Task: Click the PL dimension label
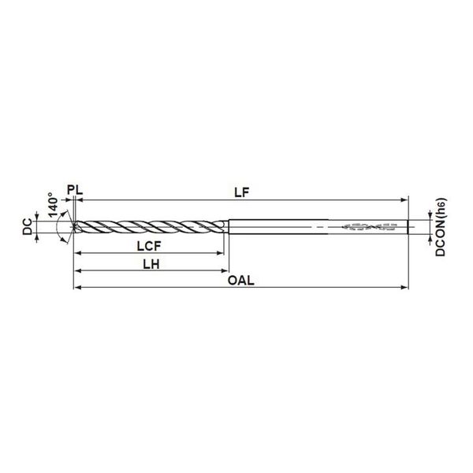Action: pyautogui.click(x=75, y=190)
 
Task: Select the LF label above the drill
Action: pyautogui.click(x=242, y=192)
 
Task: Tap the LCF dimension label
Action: pyautogui.click(x=149, y=246)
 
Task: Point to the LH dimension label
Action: pyautogui.click(x=151, y=264)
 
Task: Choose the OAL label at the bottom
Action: pyautogui.click(x=240, y=281)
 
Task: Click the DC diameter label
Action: pyautogui.click(x=28, y=226)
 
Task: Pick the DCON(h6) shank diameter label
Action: pyautogui.click(x=441, y=227)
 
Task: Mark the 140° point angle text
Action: pyautogui.click(x=53, y=205)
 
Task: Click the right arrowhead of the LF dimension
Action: pyautogui.click(x=404, y=199)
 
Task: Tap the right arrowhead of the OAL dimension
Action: pyautogui.click(x=404, y=287)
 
